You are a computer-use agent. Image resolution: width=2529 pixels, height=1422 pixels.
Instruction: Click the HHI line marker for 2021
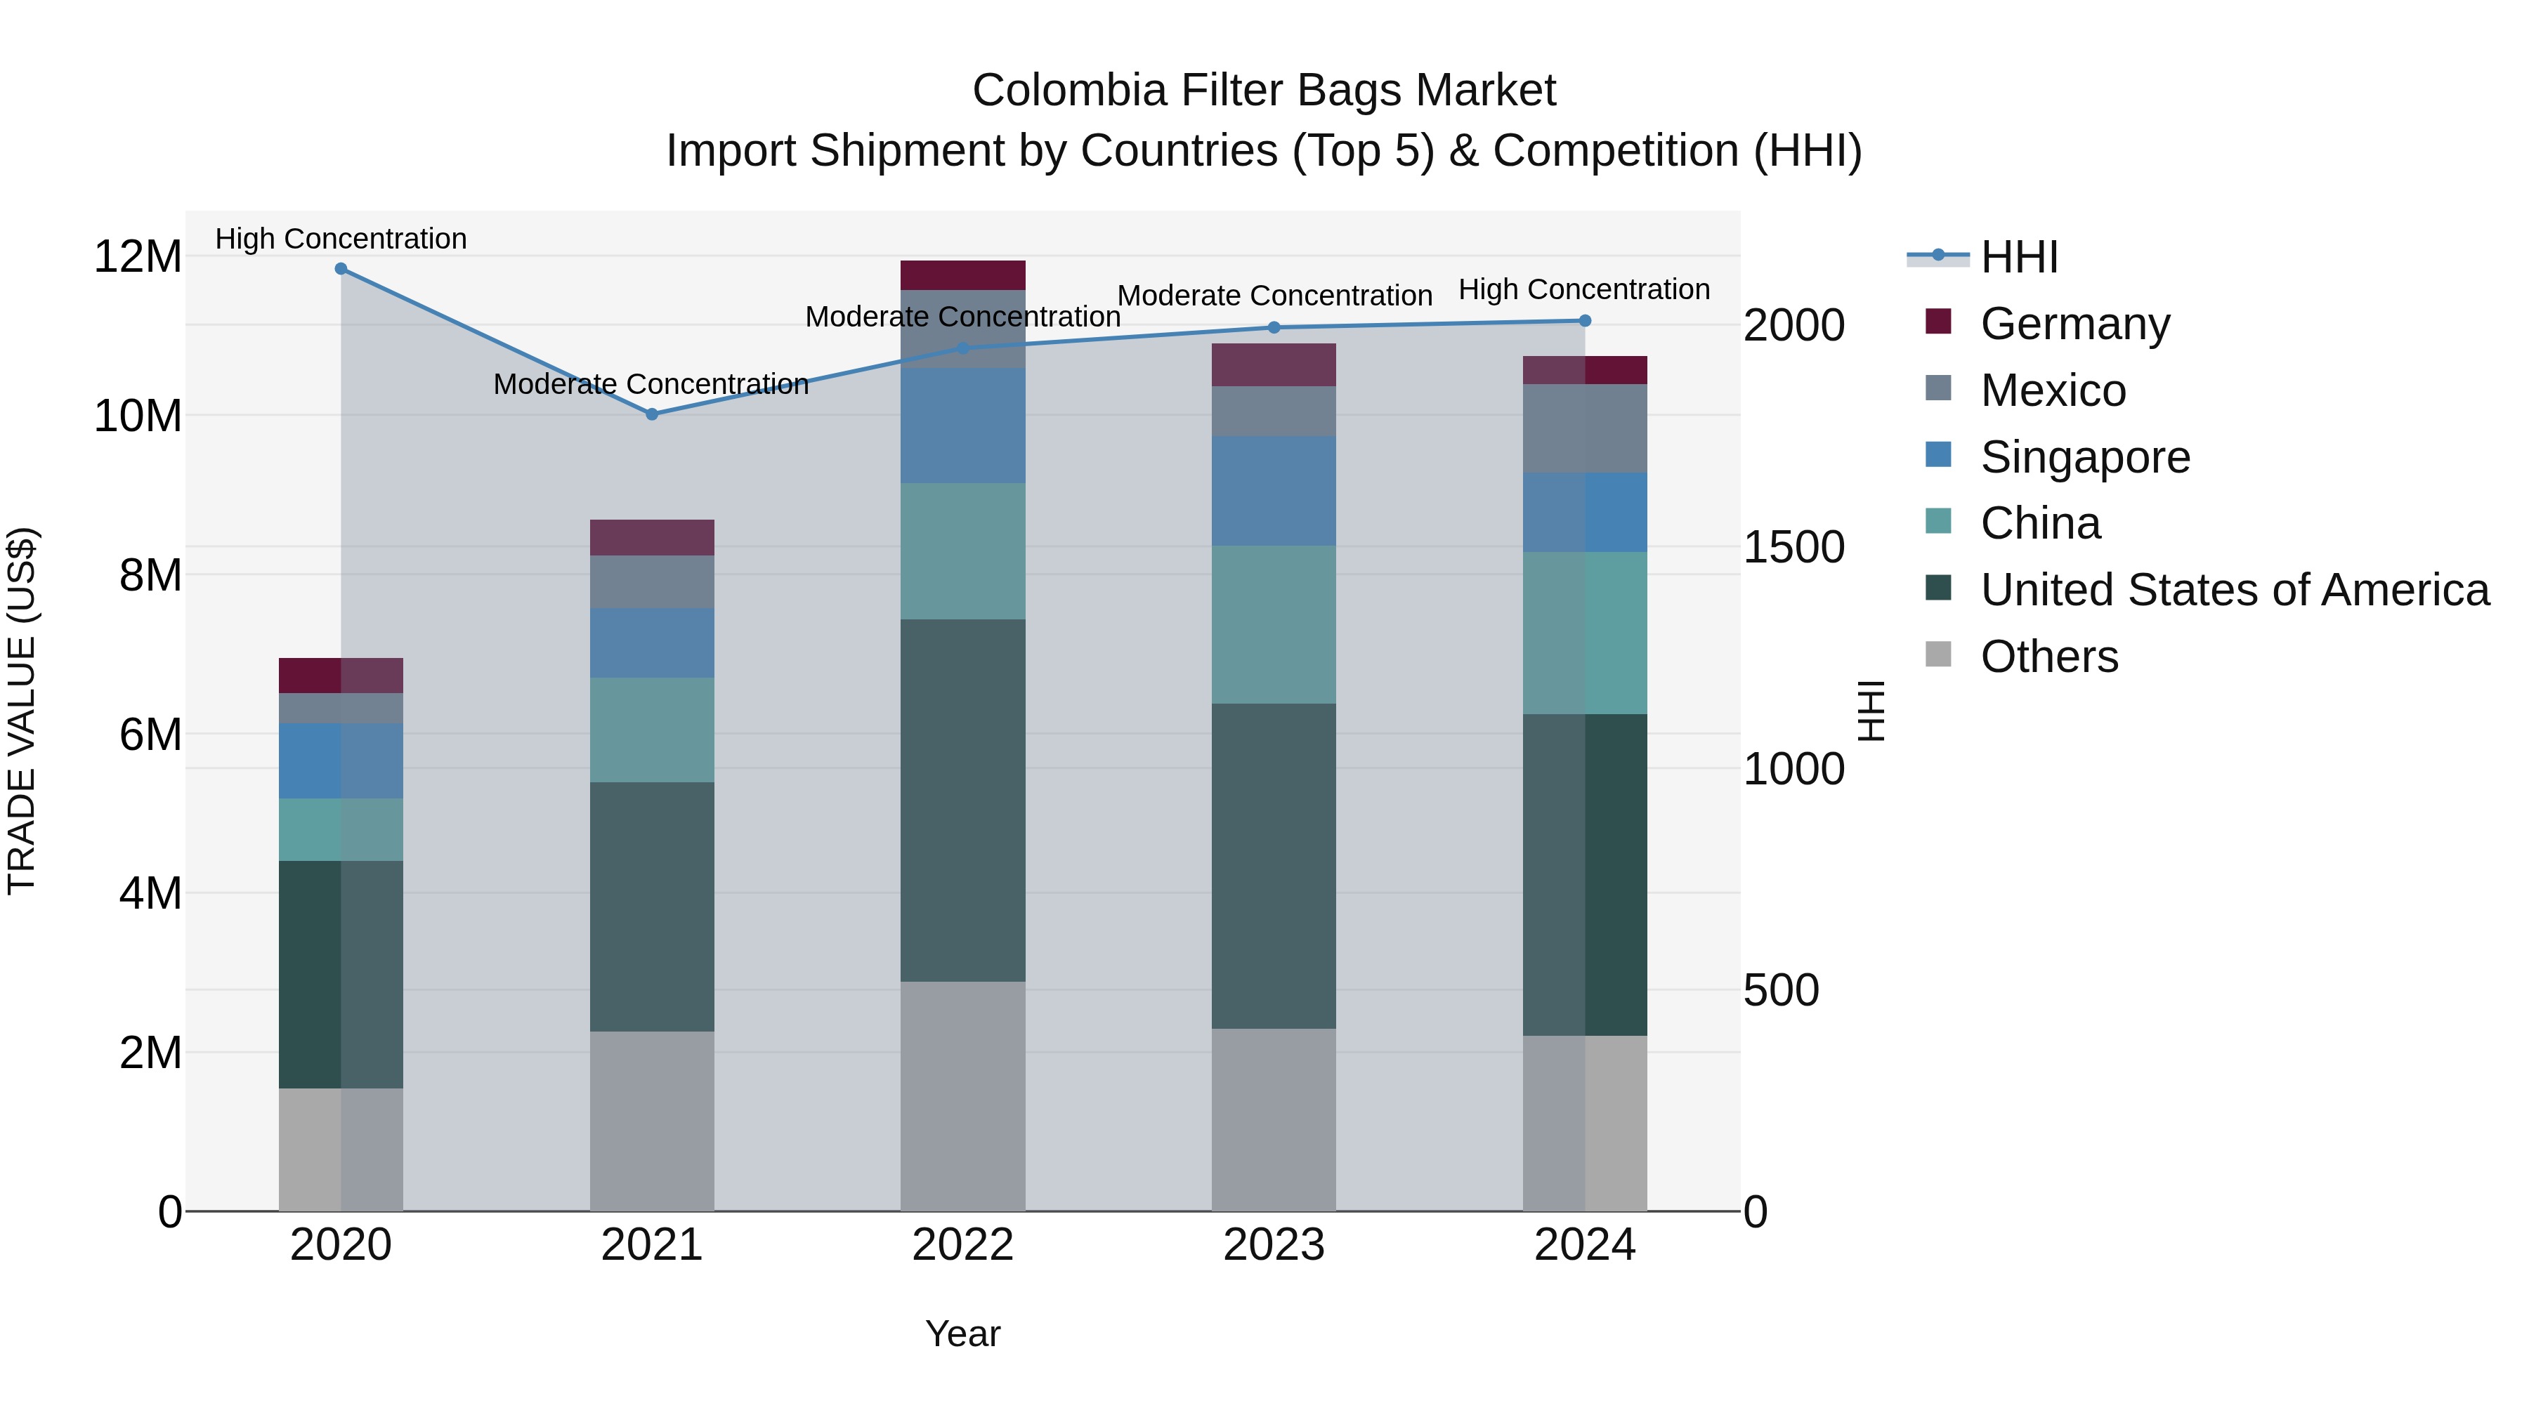point(652,414)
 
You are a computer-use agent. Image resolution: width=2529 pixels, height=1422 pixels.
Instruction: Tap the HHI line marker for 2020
point(341,269)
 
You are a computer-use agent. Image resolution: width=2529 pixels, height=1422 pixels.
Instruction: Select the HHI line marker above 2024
point(1585,321)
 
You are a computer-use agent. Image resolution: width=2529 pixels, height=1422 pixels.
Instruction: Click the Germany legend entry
point(2074,324)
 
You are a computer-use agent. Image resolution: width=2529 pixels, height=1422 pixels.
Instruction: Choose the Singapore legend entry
point(2084,457)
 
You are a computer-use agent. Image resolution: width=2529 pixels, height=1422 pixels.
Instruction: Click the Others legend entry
point(2049,657)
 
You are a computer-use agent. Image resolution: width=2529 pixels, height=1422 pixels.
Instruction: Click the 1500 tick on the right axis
point(1793,548)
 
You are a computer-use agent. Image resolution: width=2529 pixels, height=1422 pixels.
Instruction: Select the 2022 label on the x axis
point(962,1245)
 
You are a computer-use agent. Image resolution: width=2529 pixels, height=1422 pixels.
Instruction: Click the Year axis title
point(962,1334)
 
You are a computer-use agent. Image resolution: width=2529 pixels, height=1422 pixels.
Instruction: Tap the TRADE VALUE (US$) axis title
point(22,711)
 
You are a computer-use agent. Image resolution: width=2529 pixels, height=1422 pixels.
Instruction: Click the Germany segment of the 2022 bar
point(962,275)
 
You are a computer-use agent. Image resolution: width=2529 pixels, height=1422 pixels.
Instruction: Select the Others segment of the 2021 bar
point(652,1121)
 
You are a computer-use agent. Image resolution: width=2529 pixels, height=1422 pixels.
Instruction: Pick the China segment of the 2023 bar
point(1274,624)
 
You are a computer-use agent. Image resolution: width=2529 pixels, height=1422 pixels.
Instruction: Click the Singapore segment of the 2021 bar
point(652,643)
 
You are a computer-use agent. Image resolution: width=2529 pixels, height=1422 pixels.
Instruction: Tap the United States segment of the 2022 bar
point(962,800)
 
